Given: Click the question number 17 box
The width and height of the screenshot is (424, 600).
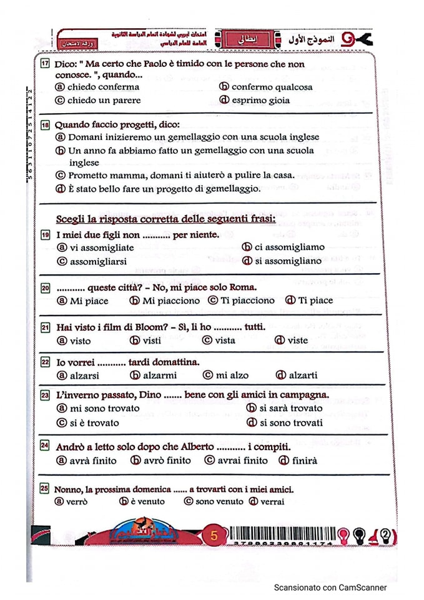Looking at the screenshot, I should [x=44, y=64].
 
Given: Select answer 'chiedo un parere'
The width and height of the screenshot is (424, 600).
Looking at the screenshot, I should [x=104, y=100].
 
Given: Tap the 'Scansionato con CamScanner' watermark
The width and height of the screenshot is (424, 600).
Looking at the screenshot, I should [x=330, y=587].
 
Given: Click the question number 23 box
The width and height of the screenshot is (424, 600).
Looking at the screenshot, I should [x=44, y=396].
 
